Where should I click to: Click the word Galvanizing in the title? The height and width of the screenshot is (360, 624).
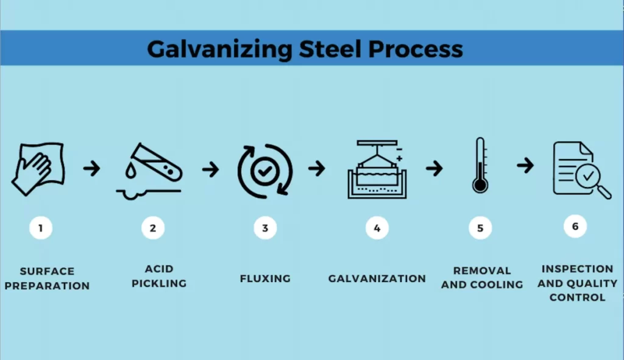tap(219, 50)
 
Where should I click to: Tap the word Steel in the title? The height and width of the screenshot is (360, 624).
tap(330, 49)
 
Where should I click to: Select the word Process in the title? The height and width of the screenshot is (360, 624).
tap(416, 49)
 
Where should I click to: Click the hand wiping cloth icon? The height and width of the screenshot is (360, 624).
tap(38, 169)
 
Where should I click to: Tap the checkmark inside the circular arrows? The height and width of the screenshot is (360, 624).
tap(265, 171)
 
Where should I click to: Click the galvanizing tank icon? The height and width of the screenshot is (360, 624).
tap(377, 169)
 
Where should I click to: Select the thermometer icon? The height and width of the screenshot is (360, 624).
tap(480, 166)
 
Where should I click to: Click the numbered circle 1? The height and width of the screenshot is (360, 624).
tap(41, 228)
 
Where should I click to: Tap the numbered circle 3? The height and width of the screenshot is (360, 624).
tap(265, 228)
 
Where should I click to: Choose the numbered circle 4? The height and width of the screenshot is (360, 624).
tap(377, 228)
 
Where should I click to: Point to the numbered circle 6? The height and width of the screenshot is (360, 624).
tap(575, 227)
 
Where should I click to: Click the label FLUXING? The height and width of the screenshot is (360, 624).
tap(265, 278)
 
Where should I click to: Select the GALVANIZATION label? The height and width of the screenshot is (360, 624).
tap(377, 278)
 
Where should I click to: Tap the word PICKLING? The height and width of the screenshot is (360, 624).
tap(159, 283)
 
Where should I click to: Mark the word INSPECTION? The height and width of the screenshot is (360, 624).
tap(578, 269)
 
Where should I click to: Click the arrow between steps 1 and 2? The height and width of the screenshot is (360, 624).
tap(92, 168)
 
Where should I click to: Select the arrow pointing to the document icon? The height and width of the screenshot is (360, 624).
tap(525, 165)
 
